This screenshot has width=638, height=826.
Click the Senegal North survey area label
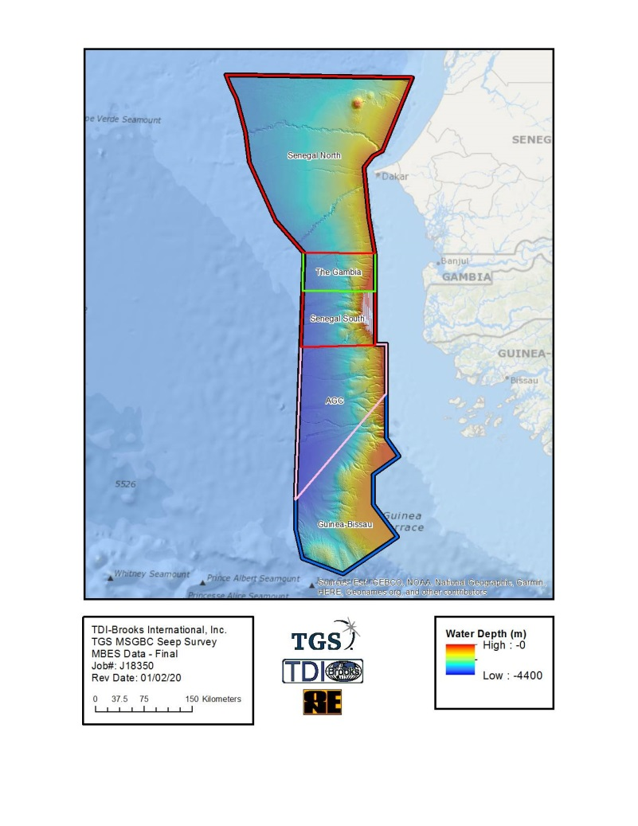point(314,156)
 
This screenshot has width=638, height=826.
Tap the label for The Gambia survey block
point(338,272)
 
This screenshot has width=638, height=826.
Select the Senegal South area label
point(337,319)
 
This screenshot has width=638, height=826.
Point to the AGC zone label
point(335,401)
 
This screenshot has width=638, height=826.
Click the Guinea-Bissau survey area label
point(345,525)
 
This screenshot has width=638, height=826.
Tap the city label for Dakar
point(394,177)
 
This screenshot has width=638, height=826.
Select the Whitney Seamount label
point(151,574)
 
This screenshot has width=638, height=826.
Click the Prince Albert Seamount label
point(252,579)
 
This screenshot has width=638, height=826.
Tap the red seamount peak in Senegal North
point(358,104)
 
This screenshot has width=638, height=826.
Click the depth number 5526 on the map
point(126,484)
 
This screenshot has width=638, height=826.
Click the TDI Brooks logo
point(323,671)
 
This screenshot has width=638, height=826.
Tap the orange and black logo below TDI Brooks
point(322,703)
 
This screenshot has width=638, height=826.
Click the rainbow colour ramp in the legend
point(460,660)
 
